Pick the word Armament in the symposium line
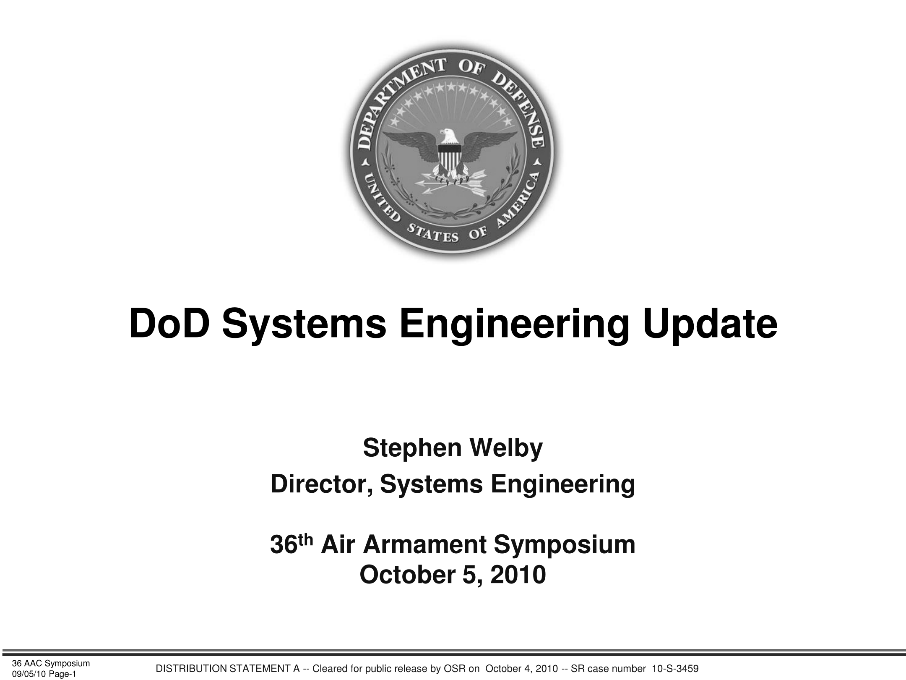click(424, 544)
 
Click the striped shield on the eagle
click(450, 158)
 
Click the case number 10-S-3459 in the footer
click(672, 669)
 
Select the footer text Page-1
click(62, 674)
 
